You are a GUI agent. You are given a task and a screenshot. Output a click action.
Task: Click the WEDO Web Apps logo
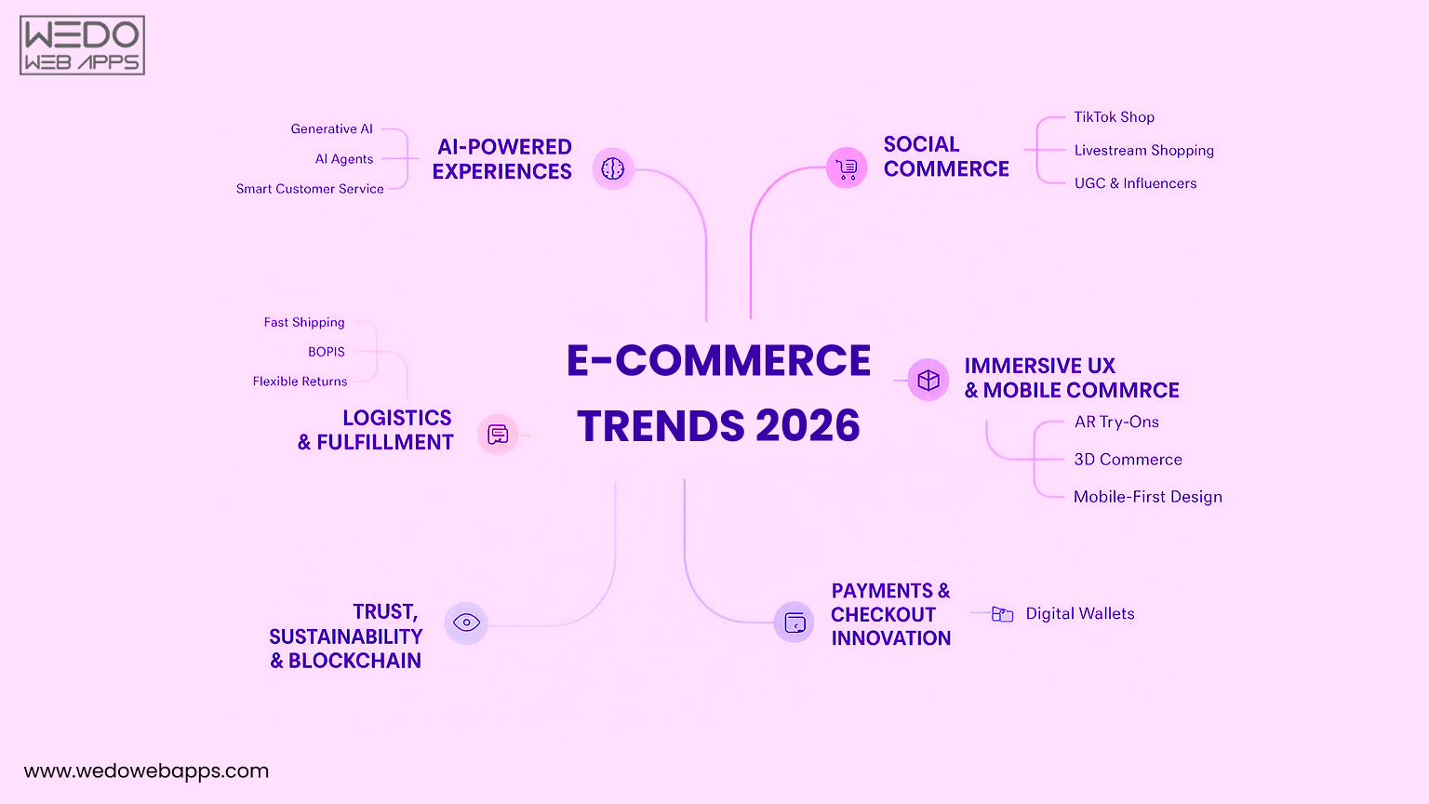point(82,45)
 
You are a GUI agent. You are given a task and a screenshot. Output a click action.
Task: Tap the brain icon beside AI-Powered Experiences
point(613,168)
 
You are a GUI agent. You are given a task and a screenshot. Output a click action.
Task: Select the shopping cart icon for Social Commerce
point(847,168)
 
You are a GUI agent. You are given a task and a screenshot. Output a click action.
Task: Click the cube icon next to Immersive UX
point(928,380)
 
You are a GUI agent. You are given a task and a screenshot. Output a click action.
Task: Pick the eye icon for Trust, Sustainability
point(466,623)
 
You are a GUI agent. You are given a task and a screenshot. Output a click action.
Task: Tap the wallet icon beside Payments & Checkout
point(795,623)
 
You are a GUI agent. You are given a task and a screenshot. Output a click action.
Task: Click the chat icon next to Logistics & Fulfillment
point(498,434)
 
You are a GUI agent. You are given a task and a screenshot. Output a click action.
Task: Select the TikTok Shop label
point(1114,117)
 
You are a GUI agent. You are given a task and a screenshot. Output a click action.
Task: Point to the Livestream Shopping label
point(1143,151)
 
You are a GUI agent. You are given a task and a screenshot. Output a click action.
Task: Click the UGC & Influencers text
point(1135,183)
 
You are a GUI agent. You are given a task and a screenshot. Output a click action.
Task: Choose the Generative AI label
point(331,129)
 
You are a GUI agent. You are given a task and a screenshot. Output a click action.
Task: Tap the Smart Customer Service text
point(310,189)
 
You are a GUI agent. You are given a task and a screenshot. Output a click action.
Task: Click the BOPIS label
point(327,352)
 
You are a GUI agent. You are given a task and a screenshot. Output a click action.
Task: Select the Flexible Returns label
point(300,382)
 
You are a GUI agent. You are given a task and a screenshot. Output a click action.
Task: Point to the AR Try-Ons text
point(1116,422)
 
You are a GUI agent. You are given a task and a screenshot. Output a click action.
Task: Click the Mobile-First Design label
point(1147,497)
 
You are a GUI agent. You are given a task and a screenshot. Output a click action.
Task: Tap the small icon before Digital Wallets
point(1002,614)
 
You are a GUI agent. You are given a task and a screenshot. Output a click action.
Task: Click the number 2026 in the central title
point(808,426)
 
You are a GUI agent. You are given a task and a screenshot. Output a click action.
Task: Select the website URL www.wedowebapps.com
point(146,770)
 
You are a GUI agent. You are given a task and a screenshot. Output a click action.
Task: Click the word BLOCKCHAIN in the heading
point(354,661)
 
